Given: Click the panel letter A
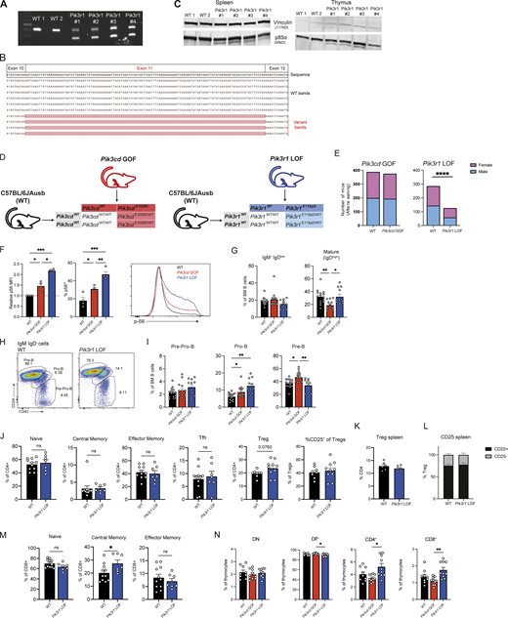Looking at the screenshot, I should pos(7,6).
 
